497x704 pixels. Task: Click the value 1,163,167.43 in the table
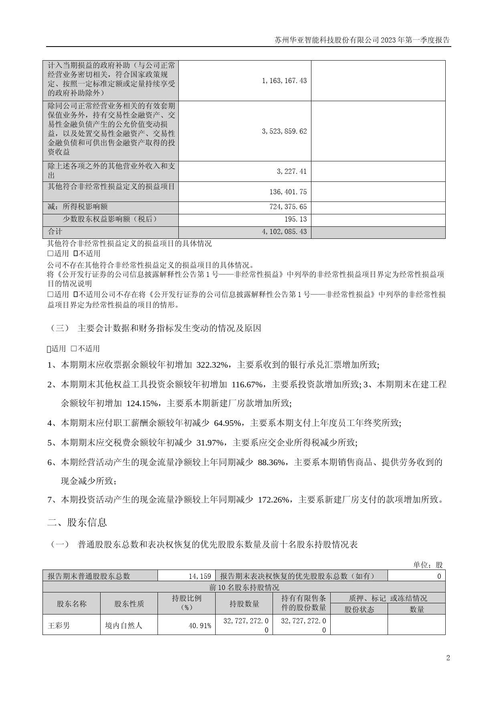click(x=284, y=81)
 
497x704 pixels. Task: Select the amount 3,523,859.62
click(x=284, y=131)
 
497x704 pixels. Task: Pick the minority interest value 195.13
click(x=297, y=219)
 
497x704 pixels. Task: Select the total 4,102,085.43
click(x=284, y=232)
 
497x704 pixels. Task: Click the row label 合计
click(x=55, y=232)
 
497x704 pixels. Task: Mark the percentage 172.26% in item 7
click(x=274, y=500)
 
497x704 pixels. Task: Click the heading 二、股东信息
click(x=77, y=522)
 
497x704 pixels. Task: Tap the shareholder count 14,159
click(x=200, y=576)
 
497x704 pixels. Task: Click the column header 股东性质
click(x=129, y=604)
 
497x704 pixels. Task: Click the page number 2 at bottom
click(x=448, y=658)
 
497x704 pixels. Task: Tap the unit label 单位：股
click(x=428, y=565)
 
